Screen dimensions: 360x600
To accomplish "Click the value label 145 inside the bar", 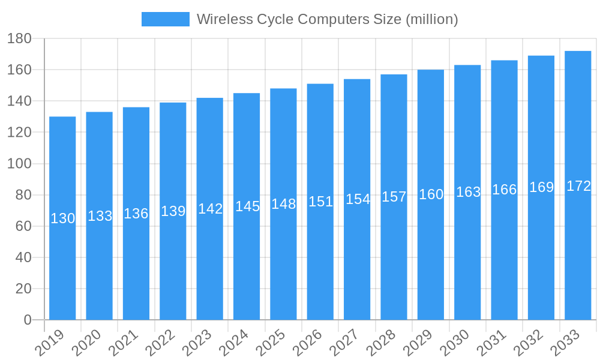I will click(x=247, y=206).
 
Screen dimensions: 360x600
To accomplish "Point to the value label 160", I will click(x=431, y=194).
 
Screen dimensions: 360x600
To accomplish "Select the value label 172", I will click(x=578, y=186).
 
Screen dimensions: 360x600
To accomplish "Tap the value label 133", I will click(x=100, y=216).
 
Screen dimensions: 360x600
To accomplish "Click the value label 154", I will click(x=358, y=199).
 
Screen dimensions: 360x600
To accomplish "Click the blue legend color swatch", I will click(x=165, y=19).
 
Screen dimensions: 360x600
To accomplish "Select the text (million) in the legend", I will click(x=431, y=19).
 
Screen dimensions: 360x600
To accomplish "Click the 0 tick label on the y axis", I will click(x=27, y=320).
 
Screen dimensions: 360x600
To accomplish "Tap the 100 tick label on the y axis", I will click(x=19, y=164).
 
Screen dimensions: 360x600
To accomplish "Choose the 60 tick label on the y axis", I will click(x=23, y=226).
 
